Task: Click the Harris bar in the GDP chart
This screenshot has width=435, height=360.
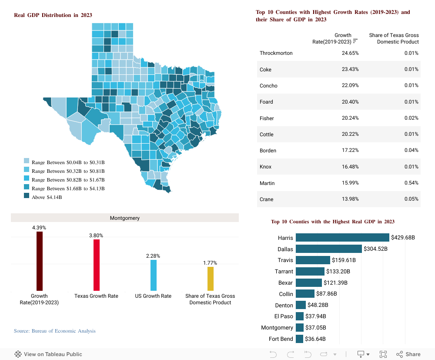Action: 342,238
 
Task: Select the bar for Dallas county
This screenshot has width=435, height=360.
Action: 328,249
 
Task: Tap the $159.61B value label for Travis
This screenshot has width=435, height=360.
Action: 344,260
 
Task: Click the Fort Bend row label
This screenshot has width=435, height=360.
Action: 281,339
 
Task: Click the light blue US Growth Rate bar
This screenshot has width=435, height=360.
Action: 154,275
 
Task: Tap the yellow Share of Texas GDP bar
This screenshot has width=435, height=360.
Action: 211,278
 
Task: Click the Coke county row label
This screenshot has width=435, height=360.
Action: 266,70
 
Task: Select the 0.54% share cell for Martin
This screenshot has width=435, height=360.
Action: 411,183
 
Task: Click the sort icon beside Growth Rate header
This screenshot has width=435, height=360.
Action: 355,41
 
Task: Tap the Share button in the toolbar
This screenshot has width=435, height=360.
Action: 408,354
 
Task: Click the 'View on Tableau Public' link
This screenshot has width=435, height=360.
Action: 48,354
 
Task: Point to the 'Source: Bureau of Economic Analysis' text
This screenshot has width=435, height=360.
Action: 55,331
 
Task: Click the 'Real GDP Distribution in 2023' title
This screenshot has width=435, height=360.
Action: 53,15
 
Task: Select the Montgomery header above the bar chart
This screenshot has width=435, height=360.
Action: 124,218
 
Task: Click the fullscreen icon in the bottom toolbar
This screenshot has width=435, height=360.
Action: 383,354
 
